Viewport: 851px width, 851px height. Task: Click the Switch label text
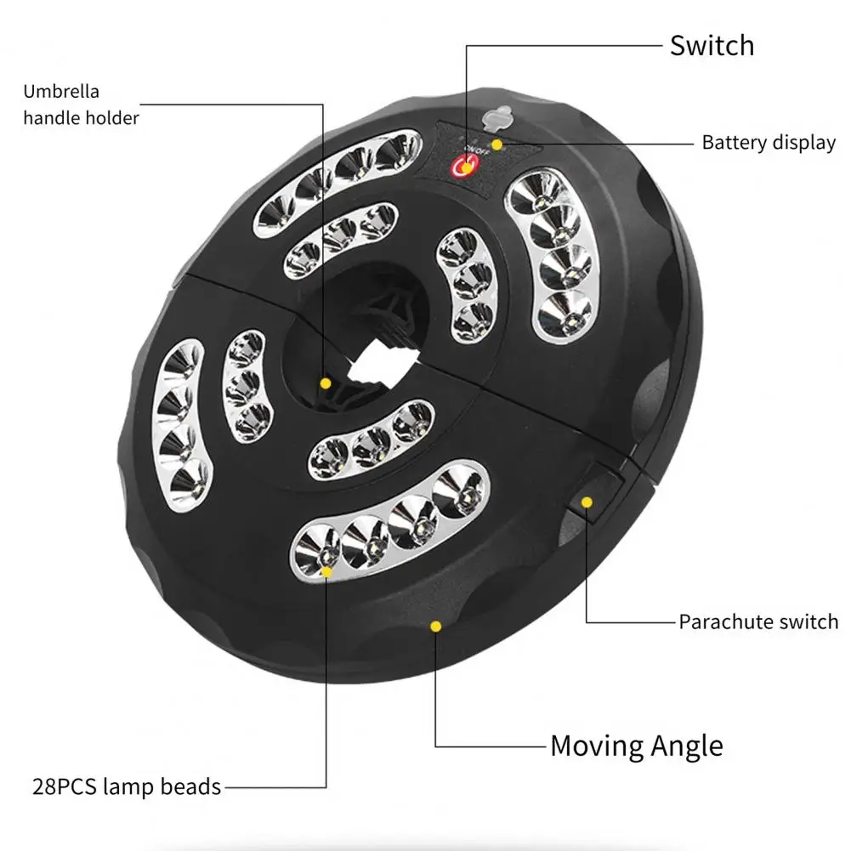(712, 44)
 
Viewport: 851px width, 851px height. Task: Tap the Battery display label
(769, 142)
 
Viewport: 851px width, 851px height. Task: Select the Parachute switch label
(758, 621)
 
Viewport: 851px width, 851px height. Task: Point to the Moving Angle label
(637, 746)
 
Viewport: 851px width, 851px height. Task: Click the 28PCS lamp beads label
(127, 786)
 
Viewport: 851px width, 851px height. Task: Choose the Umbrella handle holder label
(81, 105)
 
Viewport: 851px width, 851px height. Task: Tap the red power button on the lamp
(464, 167)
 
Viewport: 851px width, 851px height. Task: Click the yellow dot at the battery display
(496, 145)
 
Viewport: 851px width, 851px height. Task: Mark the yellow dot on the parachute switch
(586, 502)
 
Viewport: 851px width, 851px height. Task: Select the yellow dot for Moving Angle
(435, 627)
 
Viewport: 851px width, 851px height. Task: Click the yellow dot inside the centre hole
(325, 383)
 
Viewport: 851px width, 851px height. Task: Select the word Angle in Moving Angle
(687, 746)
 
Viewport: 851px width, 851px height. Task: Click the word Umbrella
(61, 92)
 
